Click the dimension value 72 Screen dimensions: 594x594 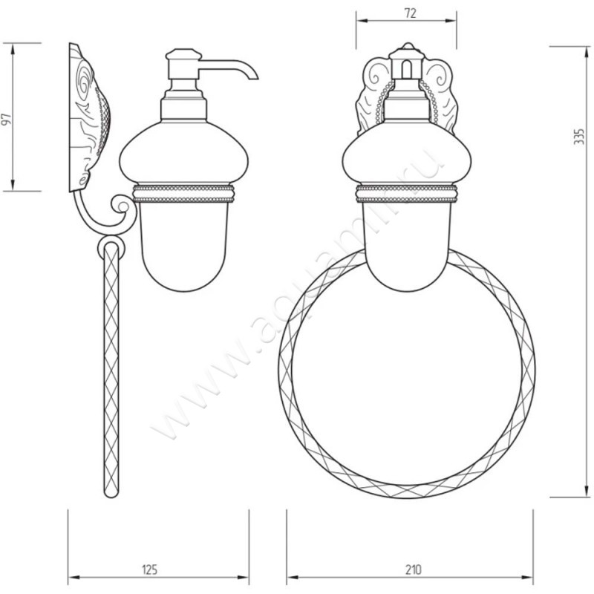(x=411, y=13)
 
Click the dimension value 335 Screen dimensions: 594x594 (x=579, y=137)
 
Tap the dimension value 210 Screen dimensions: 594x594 (x=414, y=569)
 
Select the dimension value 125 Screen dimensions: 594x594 (x=149, y=569)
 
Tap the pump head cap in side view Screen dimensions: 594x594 (x=183, y=53)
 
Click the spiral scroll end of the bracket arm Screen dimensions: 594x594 (x=122, y=206)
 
